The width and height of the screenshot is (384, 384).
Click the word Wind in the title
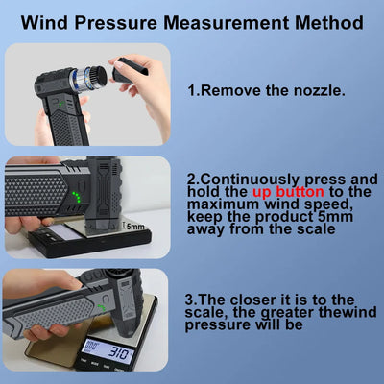click(x=45, y=20)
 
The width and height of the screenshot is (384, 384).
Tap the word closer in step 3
click(x=268, y=300)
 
